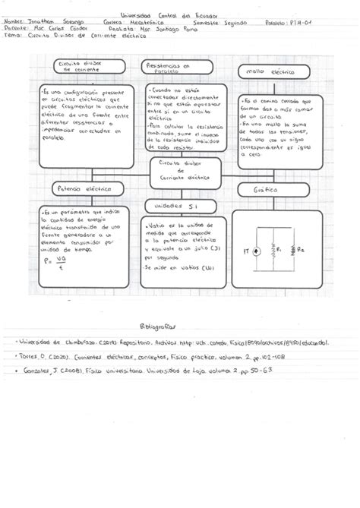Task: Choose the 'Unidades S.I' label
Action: click(x=175, y=206)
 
